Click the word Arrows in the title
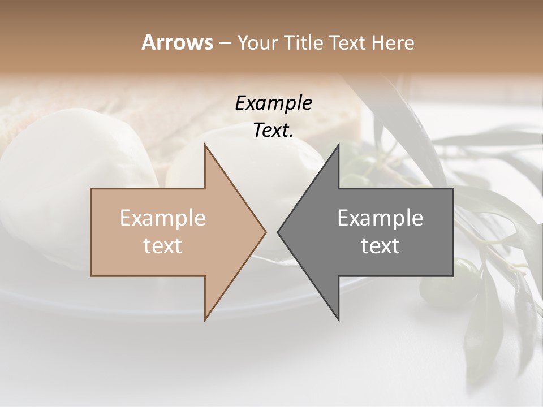[x=177, y=42]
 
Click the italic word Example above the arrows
[x=274, y=103]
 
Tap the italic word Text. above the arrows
[x=274, y=130]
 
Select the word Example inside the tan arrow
[x=163, y=218]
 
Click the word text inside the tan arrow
[x=163, y=245]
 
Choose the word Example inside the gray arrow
[x=380, y=218]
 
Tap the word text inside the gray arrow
[x=380, y=245]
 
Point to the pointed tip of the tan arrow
[x=266, y=232]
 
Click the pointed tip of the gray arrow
[x=278, y=232]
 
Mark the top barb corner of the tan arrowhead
[x=205, y=144]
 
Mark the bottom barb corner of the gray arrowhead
[x=339, y=320]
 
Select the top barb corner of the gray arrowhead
[x=339, y=144]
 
